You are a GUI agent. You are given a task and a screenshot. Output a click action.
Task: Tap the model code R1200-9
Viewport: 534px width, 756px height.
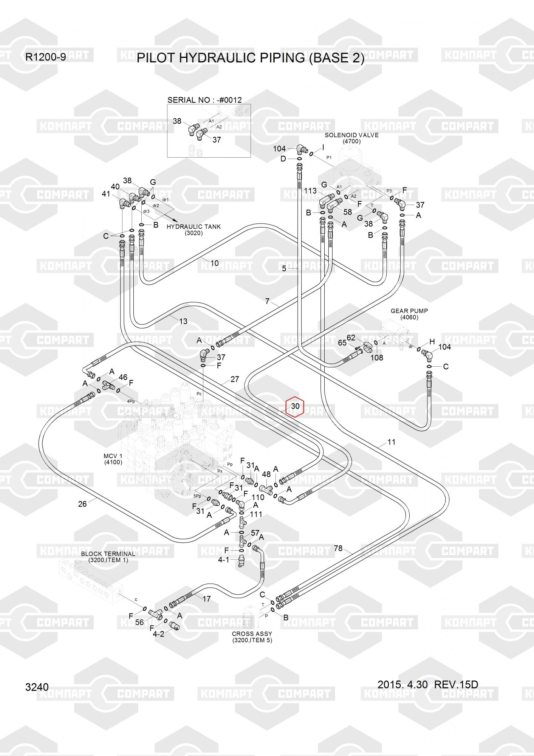point(45,57)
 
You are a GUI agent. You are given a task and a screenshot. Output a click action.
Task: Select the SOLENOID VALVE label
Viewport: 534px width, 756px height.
point(351,135)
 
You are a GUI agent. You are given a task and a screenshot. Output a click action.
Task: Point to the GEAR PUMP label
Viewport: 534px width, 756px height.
point(409,311)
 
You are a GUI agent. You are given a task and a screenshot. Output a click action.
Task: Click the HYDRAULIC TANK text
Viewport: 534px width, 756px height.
point(193,227)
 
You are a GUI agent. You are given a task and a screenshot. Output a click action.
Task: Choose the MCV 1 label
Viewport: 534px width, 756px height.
point(113,456)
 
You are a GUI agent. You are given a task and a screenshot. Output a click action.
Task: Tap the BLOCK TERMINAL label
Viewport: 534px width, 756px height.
point(108,554)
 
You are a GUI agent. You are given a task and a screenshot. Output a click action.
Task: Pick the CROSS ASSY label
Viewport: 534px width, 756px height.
point(252,634)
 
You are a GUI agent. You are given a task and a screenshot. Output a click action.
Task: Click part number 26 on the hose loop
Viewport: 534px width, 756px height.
point(82,503)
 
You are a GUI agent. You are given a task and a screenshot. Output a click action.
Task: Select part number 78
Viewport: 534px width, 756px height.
point(338,548)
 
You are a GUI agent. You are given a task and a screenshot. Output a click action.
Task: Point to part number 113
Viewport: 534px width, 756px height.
point(310,191)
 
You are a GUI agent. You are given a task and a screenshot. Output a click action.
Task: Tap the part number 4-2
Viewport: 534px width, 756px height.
point(158,634)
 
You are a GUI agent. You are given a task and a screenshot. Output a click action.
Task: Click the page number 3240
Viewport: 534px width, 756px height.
point(37,687)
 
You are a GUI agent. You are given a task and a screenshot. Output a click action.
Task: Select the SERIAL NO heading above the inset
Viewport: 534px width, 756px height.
point(204,100)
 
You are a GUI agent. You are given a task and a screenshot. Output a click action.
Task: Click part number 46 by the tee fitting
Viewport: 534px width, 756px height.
point(123,377)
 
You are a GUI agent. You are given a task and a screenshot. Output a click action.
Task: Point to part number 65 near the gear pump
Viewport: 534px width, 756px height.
point(342,343)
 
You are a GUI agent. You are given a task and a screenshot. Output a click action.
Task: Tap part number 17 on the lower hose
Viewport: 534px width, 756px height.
point(207,599)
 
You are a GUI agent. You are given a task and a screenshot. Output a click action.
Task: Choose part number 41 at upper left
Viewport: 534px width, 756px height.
point(106,194)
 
